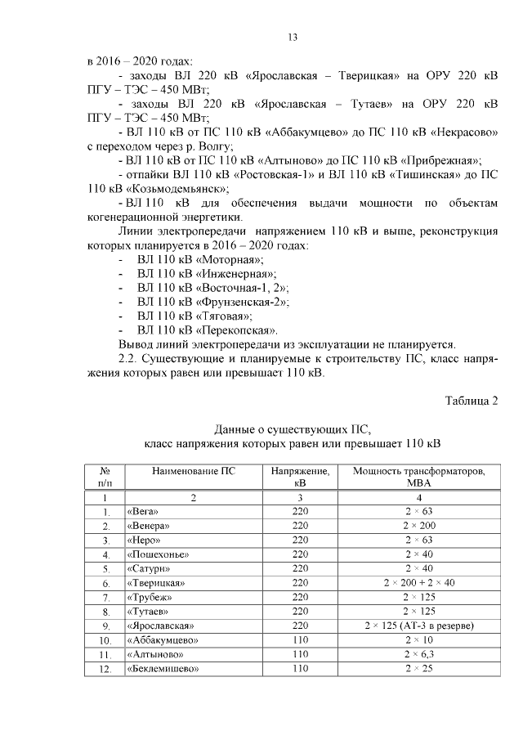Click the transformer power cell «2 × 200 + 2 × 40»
[x=418, y=583]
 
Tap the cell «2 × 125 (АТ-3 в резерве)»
[x=418, y=626]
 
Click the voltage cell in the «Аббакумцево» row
[x=299, y=639]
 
